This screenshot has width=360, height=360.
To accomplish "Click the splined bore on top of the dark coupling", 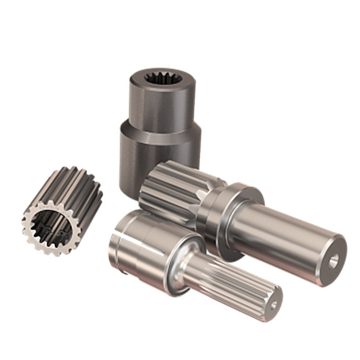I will pyautogui.click(x=161, y=79).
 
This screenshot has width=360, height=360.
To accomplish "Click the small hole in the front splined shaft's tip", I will pyautogui.click(x=274, y=305).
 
